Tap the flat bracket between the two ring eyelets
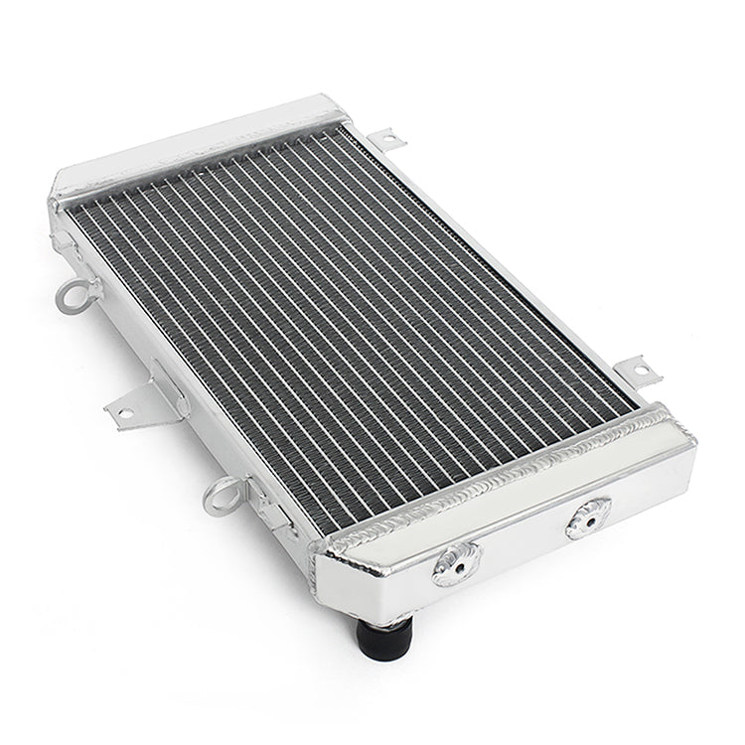[144, 397]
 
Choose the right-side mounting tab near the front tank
[634, 372]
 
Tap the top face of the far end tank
[199, 149]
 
